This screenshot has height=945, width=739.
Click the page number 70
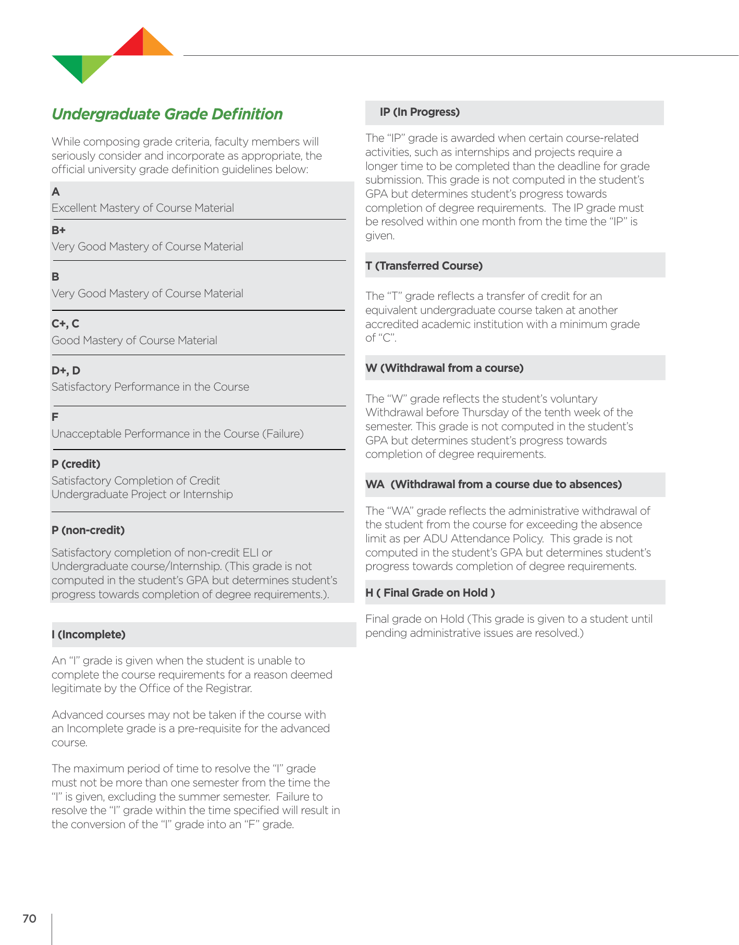[x=29, y=918]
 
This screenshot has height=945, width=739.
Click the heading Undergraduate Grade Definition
[x=167, y=114]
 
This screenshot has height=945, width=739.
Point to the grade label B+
[x=58, y=230]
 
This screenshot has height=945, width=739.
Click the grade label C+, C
[x=65, y=324]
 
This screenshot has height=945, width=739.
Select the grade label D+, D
[x=66, y=371]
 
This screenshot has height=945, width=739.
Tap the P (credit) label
[x=76, y=464]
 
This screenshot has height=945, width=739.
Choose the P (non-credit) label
[x=88, y=530]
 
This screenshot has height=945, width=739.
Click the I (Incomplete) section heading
[x=89, y=635]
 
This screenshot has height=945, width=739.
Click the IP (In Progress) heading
[x=420, y=112]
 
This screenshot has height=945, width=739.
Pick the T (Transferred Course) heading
[x=424, y=266]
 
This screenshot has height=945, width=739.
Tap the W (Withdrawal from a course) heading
[x=444, y=368]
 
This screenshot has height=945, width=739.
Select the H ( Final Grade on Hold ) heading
[x=430, y=593]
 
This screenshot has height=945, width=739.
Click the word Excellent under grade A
[x=74, y=208]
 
